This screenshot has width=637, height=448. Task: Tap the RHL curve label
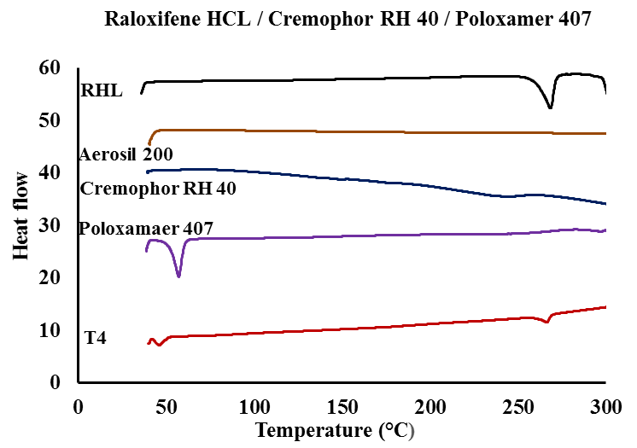click(101, 89)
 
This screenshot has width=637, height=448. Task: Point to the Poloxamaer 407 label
click(145, 229)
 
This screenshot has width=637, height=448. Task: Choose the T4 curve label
click(95, 338)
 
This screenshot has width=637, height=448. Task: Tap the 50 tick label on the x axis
click(166, 404)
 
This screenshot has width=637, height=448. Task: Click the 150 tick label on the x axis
click(342, 404)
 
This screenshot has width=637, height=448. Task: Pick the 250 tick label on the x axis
click(517, 404)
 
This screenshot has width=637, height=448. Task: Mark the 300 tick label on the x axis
click(605, 404)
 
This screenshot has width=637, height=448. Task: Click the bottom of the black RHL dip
click(550, 108)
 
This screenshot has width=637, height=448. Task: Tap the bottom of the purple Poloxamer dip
click(178, 276)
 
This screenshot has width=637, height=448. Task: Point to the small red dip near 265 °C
click(546, 322)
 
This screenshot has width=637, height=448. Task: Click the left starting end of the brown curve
click(149, 143)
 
